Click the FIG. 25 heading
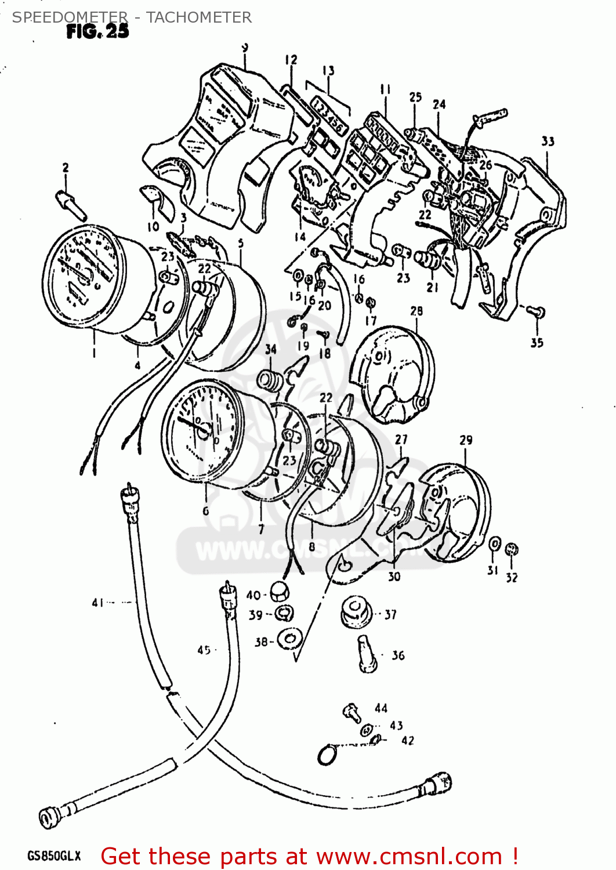[97, 31]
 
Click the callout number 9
[245, 48]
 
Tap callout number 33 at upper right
[548, 141]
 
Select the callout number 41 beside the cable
[97, 603]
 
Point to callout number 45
[204, 650]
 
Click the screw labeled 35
[537, 313]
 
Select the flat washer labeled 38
[288, 639]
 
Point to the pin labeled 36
[366, 654]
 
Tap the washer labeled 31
[494, 545]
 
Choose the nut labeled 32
[512, 549]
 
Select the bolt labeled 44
[352, 712]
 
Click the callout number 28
[416, 311]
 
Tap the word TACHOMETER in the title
[198, 17]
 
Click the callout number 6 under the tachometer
[205, 510]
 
